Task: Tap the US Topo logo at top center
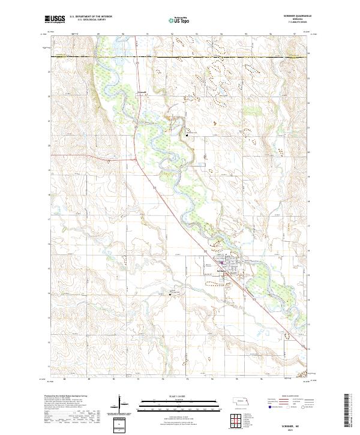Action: tap(179, 19)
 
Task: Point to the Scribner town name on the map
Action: tap(220, 269)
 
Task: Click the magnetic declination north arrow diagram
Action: tap(119, 405)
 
